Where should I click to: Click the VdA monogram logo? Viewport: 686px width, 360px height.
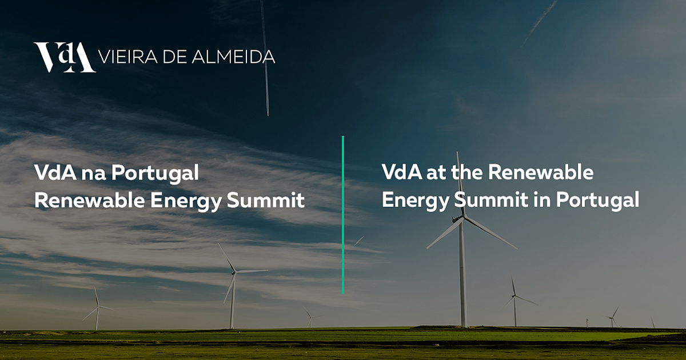[64, 57]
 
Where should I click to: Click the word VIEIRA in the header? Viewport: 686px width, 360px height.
[127, 57]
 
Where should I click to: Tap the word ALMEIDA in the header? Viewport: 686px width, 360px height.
[234, 57]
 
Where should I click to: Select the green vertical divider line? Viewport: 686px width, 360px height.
[343, 215]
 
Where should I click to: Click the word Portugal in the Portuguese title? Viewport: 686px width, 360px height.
[155, 174]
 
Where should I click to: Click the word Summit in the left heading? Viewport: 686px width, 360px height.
[265, 201]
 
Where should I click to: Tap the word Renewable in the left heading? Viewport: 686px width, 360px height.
[89, 201]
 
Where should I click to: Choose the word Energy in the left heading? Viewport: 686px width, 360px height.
[185, 202]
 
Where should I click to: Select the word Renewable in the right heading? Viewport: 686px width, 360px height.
[541, 172]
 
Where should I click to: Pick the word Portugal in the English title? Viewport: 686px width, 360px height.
[597, 201]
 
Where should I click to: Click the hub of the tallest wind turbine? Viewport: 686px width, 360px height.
[462, 218]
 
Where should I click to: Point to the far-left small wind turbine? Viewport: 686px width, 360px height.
[97, 309]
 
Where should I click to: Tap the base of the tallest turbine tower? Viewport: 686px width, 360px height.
[463, 326]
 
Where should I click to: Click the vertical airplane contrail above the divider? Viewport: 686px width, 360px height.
[265, 58]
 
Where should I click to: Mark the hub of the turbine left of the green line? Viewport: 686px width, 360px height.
[234, 272]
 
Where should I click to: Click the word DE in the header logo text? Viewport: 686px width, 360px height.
[175, 57]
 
